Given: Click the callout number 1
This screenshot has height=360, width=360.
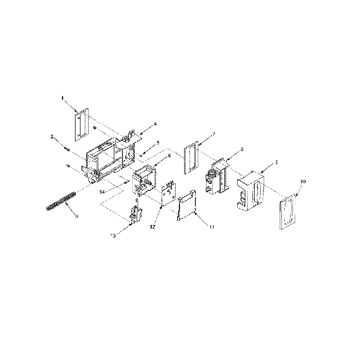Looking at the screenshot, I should coord(63,98).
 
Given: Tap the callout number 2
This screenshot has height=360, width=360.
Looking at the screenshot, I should coord(52,136).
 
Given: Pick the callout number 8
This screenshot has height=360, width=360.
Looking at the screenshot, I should coord(242,150).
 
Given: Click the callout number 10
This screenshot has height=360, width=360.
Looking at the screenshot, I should coord(302,182).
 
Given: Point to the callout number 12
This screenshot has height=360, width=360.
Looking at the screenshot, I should coord(151,227).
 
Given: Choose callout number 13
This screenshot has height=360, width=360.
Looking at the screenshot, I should coord(112,236).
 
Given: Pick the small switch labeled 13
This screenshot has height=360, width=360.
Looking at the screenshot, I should coord(135,214).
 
